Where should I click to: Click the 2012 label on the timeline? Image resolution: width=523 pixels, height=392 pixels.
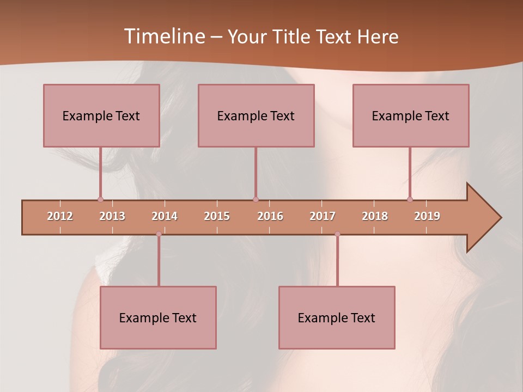(x=60, y=216)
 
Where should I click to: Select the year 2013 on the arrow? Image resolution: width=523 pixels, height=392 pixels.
(x=112, y=216)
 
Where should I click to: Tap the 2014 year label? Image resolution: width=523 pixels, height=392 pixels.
(x=165, y=216)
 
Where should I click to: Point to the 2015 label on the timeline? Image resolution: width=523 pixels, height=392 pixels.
(x=217, y=216)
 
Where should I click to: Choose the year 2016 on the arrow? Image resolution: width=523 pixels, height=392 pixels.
(x=270, y=216)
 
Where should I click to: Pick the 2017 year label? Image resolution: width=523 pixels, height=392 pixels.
(x=323, y=216)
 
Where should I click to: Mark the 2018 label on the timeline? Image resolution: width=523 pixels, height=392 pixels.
(x=375, y=216)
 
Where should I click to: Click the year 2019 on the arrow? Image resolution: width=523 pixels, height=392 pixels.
(x=427, y=216)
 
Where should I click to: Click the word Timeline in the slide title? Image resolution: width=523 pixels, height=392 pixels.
(x=163, y=36)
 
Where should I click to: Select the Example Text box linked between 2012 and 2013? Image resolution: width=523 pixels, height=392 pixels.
(x=101, y=115)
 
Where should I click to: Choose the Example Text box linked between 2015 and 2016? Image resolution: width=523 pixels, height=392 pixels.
(x=256, y=115)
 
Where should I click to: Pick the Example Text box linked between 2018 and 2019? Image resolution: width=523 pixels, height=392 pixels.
(x=411, y=115)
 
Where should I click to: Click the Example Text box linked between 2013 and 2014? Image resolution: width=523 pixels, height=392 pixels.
(x=158, y=317)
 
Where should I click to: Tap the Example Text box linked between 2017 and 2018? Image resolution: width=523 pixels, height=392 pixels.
(x=337, y=317)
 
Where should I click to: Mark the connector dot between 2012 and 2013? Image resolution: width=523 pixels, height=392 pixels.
(x=100, y=199)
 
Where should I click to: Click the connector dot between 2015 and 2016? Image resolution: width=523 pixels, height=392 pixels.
(x=256, y=199)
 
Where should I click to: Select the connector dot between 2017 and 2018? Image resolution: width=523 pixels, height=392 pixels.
(x=337, y=234)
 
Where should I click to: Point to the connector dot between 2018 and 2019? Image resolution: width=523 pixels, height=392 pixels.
(x=410, y=199)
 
